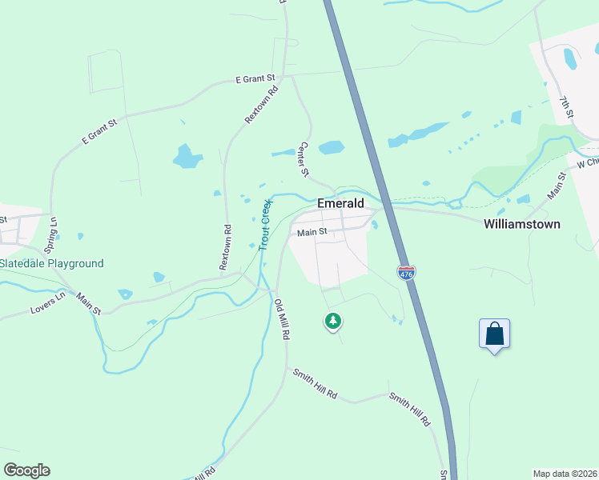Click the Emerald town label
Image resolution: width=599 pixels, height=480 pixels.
(340, 203)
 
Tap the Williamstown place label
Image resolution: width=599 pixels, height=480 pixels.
(521, 224)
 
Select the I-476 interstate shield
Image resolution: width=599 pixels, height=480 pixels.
(406, 273)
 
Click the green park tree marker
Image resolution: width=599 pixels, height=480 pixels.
(332, 322)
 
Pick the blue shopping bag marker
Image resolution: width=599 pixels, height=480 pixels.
(494, 334)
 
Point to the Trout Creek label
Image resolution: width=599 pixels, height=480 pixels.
(266, 225)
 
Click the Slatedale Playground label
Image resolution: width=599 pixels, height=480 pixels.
(51, 263)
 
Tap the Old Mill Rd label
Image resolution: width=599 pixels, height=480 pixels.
(281, 320)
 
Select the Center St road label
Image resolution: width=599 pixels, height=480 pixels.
(304, 158)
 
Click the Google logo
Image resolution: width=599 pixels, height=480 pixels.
(26, 470)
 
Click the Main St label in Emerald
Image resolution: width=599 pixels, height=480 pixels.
(312, 233)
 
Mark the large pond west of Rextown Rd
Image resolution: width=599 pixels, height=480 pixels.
(186, 156)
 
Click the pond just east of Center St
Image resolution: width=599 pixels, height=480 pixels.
(331, 147)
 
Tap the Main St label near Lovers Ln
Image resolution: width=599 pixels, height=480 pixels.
(89, 303)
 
